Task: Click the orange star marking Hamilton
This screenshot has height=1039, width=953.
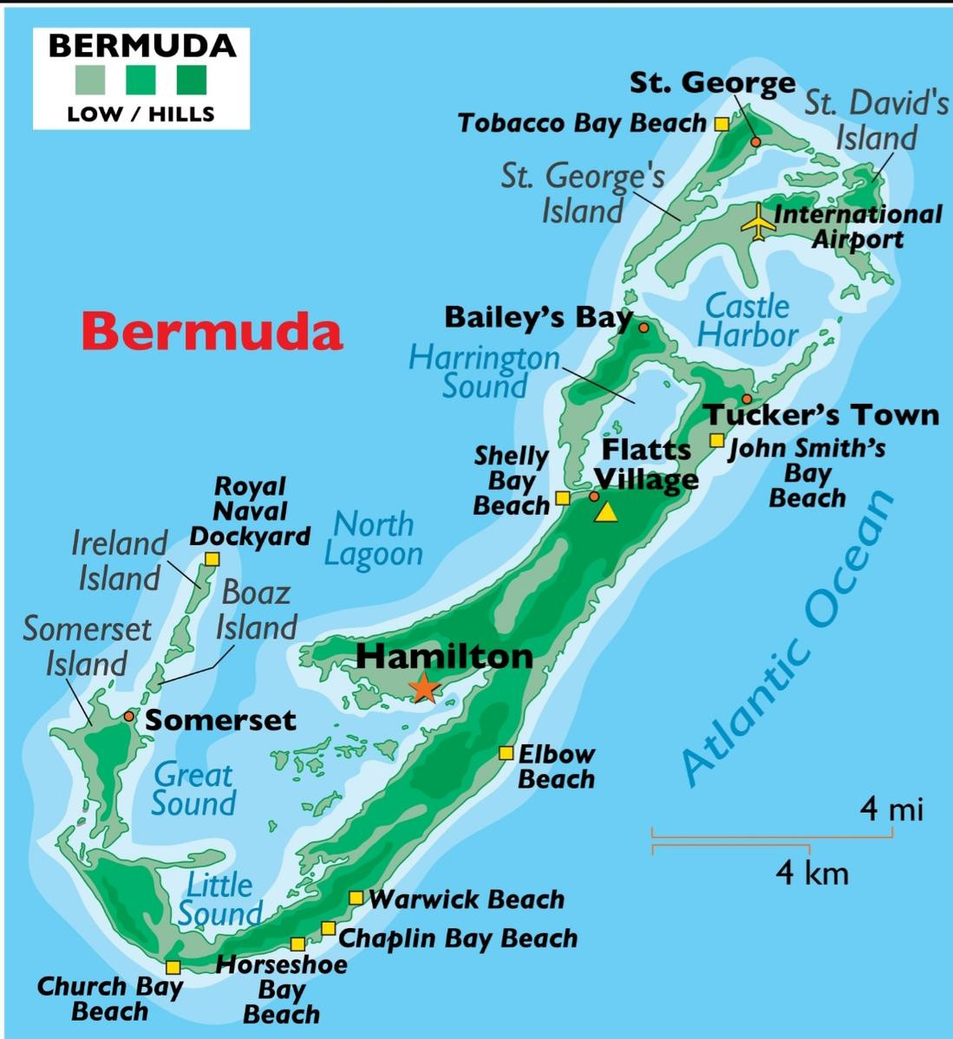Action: [424, 686]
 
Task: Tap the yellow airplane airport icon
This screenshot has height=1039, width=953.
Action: [759, 222]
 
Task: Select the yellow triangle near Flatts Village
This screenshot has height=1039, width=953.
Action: [607, 512]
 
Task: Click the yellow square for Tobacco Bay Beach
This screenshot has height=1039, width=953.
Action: [721, 124]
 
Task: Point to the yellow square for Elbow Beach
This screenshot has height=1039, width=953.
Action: [506, 753]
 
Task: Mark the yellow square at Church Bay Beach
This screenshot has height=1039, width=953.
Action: [173, 967]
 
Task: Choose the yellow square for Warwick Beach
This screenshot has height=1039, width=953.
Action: [356, 898]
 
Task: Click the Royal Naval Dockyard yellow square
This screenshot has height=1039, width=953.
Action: [212, 559]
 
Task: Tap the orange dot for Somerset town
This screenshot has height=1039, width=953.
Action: [129, 716]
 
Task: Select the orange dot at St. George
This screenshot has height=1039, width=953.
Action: [755, 141]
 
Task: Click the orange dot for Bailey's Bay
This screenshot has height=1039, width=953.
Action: [643, 328]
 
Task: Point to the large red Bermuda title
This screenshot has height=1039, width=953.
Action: [212, 332]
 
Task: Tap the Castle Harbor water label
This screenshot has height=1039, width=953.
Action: [747, 320]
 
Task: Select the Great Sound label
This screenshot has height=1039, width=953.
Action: [193, 789]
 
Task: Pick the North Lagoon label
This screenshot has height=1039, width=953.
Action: [374, 539]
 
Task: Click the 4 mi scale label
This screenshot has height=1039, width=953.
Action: [891, 809]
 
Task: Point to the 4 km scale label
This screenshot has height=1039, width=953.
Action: [812, 872]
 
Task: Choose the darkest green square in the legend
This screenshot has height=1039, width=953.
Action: [191, 80]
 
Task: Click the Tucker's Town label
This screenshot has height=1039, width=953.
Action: [820, 415]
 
